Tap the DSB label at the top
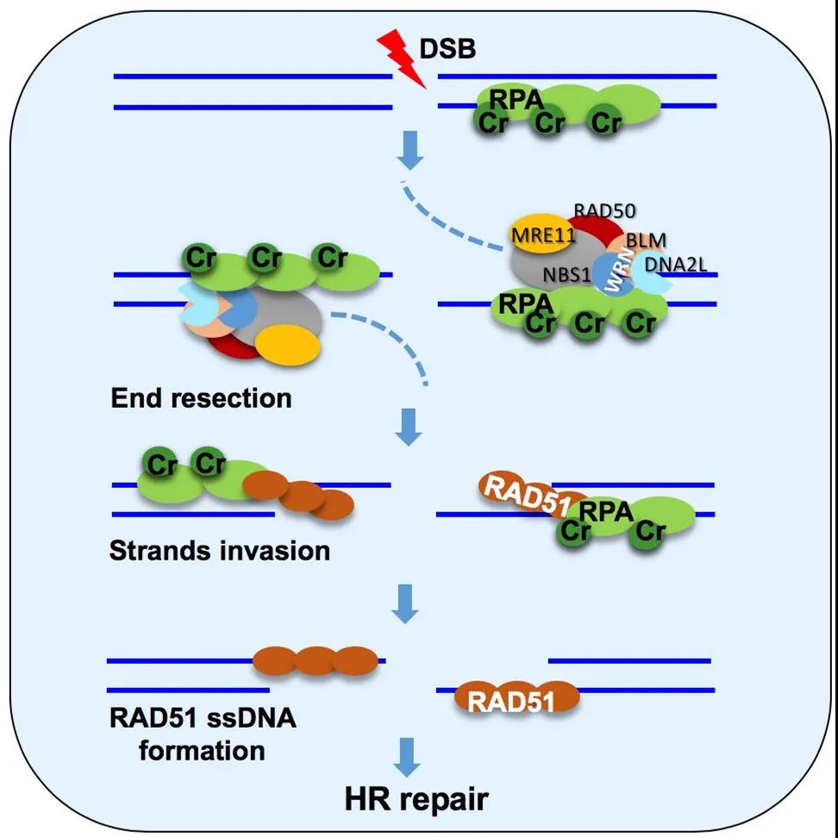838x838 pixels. click(447, 49)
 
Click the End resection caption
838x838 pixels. click(201, 398)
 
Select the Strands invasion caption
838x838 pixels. click(220, 550)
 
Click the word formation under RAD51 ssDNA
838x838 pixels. click(202, 749)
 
